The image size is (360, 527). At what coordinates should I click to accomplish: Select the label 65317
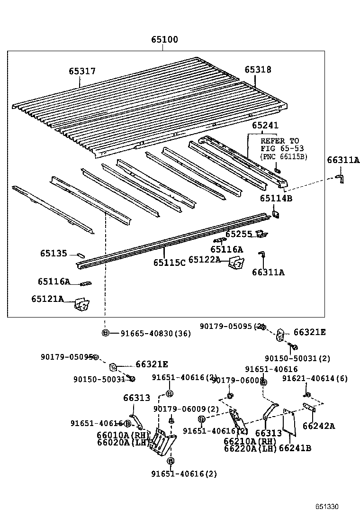click(x=82, y=71)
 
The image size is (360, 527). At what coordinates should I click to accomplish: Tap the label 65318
click(x=258, y=70)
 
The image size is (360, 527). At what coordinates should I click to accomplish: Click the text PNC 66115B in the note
click(x=284, y=157)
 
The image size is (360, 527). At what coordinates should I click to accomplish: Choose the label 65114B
click(x=275, y=198)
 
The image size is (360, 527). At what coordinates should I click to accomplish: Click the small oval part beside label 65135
click(x=80, y=254)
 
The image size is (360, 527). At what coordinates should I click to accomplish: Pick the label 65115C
click(x=169, y=263)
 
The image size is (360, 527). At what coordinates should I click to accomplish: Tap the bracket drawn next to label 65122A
click(x=236, y=263)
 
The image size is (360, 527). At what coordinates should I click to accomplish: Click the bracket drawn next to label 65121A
click(x=82, y=305)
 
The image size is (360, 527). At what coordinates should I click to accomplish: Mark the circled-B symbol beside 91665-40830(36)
click(x=106, y=334)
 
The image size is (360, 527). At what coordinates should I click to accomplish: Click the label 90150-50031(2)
click(x=297, y=358)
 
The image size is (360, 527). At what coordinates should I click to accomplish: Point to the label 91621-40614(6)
click(x=315, y=378)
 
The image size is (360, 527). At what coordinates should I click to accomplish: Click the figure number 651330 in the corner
click(x=327, y=507)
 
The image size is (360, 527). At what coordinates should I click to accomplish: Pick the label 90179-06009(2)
click(x=186, y=409)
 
